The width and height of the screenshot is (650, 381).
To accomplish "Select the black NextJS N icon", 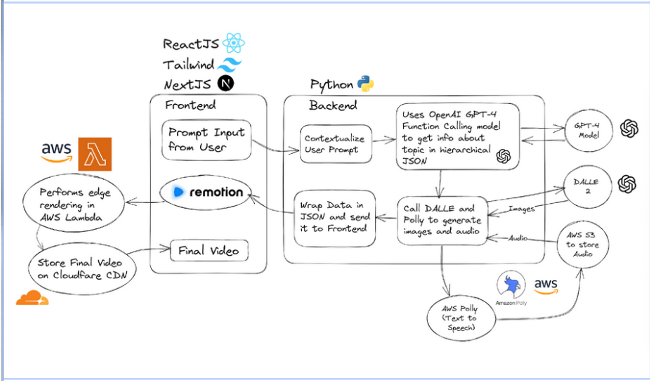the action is tap(226, 83).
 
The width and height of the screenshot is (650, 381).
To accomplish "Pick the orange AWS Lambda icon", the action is tap(95, 154).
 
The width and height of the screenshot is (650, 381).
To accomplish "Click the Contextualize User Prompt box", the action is tap(336, 144).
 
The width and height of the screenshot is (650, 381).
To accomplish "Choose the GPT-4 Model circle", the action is tap(589, 131).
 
